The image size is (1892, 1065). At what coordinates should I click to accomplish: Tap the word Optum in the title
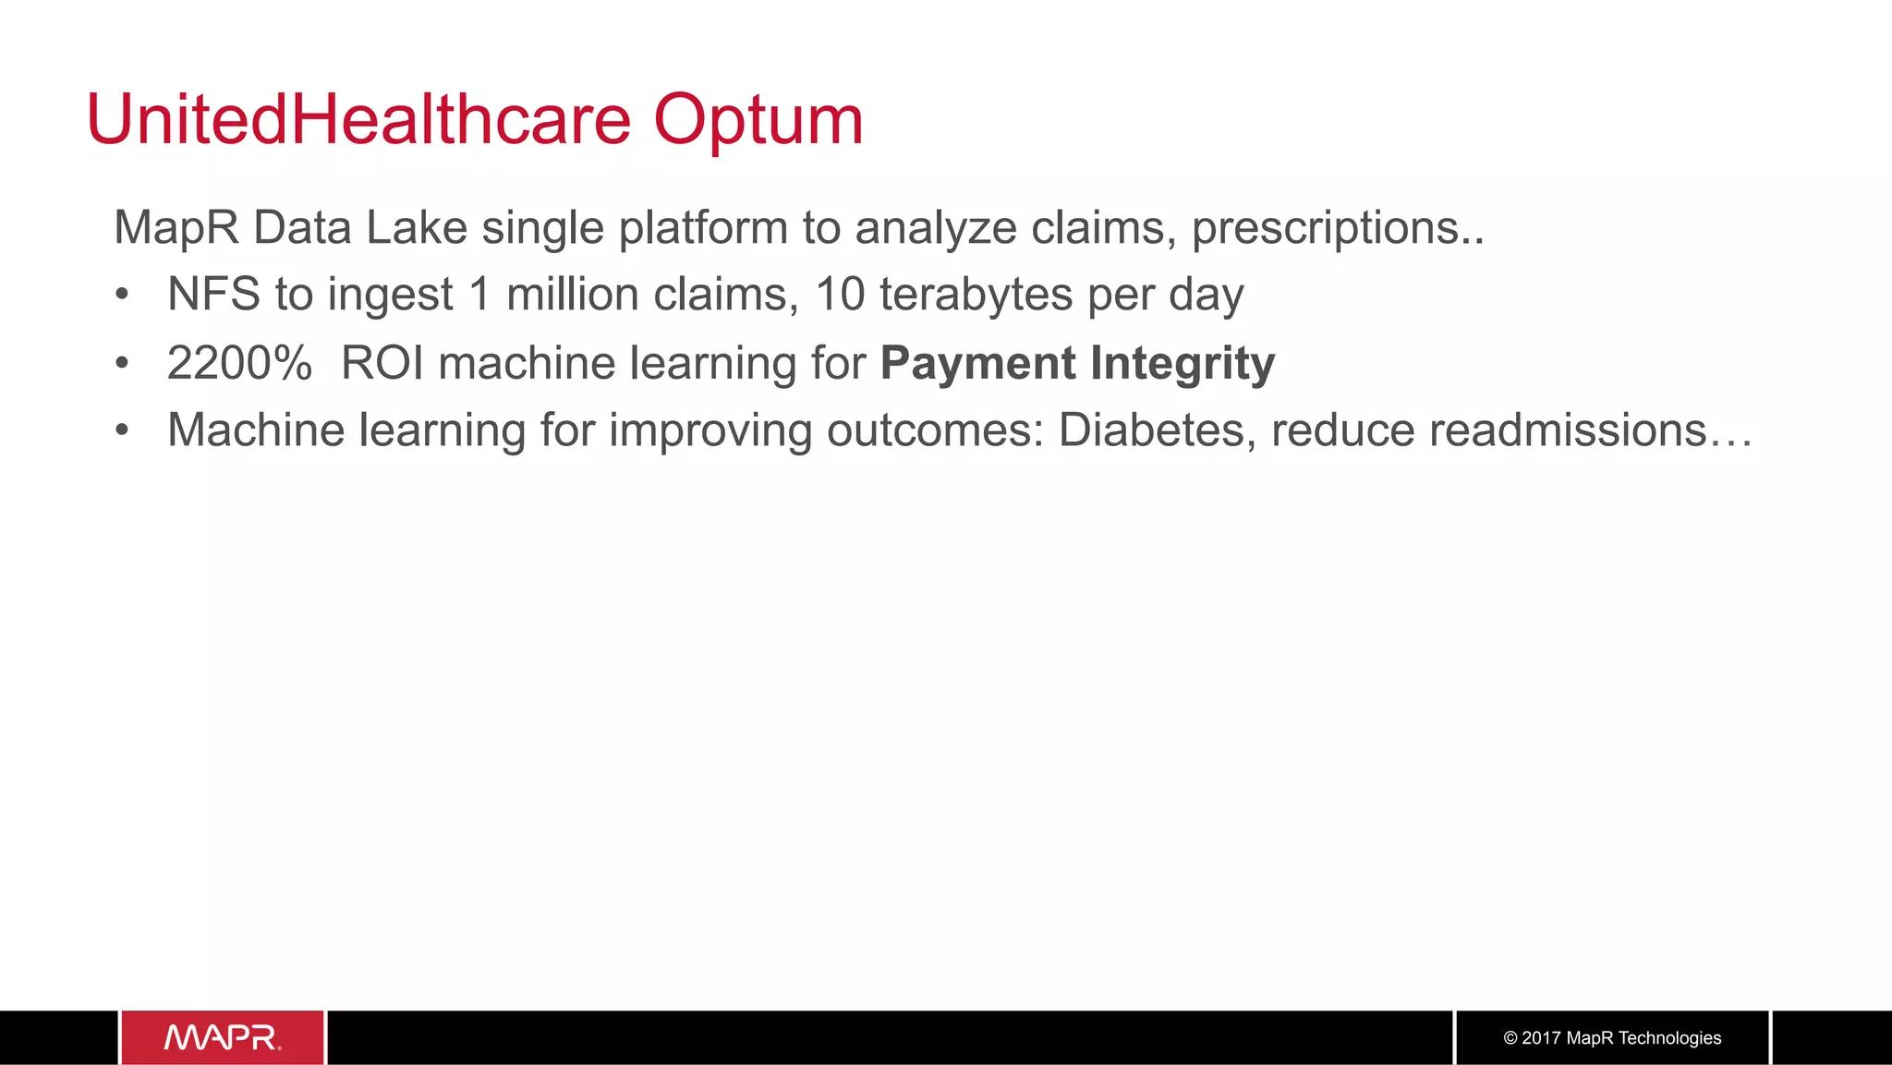pyautogui.click(x=758, y=121)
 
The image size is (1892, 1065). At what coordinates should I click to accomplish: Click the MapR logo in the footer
pyautogui.click(x=223, y=1037)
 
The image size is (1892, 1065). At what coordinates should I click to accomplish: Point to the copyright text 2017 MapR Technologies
pyautogui.click(x=1612, y=1037)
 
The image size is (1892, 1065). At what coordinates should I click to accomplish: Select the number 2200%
pyautogui.click(x=239, y=363)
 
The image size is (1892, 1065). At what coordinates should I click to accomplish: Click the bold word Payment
pyautogui.click(x=977, y=363)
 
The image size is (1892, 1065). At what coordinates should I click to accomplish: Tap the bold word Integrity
pyautogui.click(x=1182, y=363)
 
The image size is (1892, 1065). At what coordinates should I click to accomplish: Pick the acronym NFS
pyautogui.click(x=213, y=295)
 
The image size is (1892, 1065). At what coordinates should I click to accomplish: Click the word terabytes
pyautogui.click(x=976, y=295)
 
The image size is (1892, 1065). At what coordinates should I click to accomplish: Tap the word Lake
pyautogui.click(x=417, y=228)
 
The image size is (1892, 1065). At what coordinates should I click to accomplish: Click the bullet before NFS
pyautogui.click(x=122, y=296)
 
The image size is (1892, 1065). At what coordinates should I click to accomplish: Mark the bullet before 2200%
pyautogui.click(x=122, y=364)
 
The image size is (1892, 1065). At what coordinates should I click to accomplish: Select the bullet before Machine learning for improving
pyautogui.click(x=122, y=431)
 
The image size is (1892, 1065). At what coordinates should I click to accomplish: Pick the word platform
pyautogui.click(x=702, y=228)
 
